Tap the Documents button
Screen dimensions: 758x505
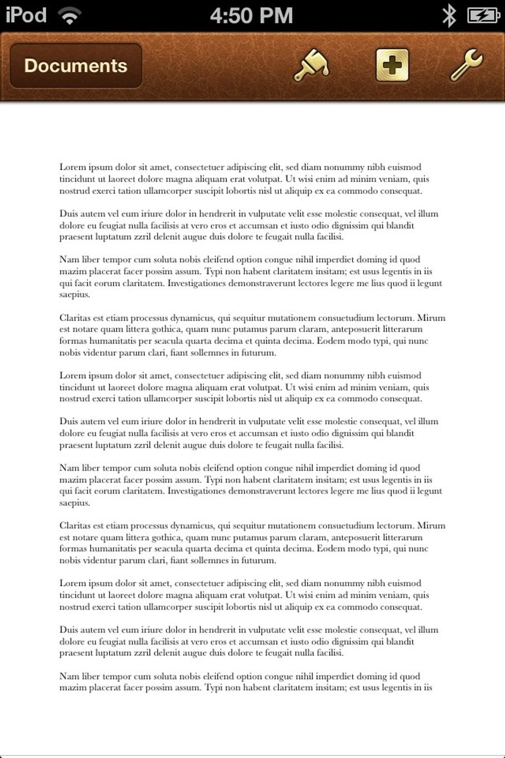coord(76,65)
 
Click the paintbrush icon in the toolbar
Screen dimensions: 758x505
coord(311,65)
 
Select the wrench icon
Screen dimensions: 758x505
coord(466,65)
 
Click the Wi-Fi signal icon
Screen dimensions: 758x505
coord(70,15)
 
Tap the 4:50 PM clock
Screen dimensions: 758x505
coord(251,15)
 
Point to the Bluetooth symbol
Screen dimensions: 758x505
coord(449,15)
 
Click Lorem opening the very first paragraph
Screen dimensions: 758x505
coord(72,167)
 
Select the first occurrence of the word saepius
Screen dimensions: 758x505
coord(74,295)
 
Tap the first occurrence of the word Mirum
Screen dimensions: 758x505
coord(431,318)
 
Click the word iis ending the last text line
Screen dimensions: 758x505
coord(427,687)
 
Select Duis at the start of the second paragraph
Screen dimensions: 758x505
coord(69,213)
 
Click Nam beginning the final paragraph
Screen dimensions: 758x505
coord(69,676)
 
